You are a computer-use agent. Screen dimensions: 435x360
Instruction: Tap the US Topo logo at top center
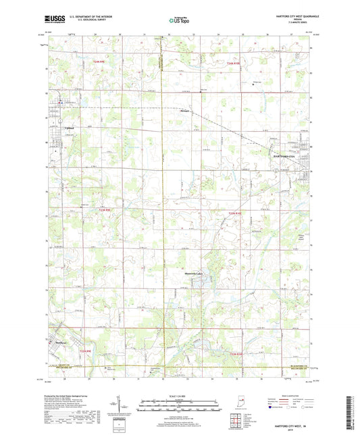tap(179, 22)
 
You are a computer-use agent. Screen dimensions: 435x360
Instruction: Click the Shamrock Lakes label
tap(197, 274)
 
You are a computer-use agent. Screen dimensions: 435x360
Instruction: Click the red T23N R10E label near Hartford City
tap(234, 214)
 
